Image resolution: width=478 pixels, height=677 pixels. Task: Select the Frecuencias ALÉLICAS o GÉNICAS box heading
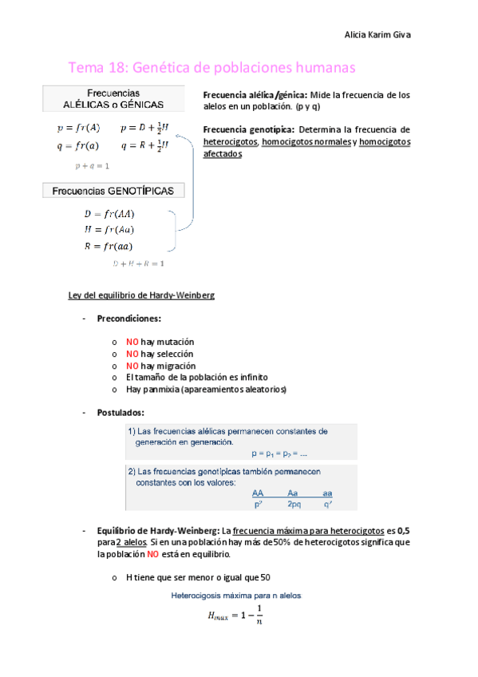[114, 98]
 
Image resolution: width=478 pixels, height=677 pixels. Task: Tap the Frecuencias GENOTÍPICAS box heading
[114, 191]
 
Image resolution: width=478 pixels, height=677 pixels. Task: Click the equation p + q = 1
[92, 166]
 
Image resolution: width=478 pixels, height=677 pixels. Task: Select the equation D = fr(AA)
[109, 214]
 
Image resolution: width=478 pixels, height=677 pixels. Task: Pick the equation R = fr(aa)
[109, 246]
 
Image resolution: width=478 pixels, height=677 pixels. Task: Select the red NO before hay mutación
[132, 341]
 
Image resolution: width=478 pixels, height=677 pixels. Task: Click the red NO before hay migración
[132, 365]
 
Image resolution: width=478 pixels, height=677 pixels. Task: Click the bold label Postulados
[120, 412]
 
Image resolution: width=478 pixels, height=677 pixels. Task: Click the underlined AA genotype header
[258, 493]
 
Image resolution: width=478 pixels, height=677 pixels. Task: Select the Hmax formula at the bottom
[235, 615]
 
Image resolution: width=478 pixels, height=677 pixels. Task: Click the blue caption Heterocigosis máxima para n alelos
[236, 595]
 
